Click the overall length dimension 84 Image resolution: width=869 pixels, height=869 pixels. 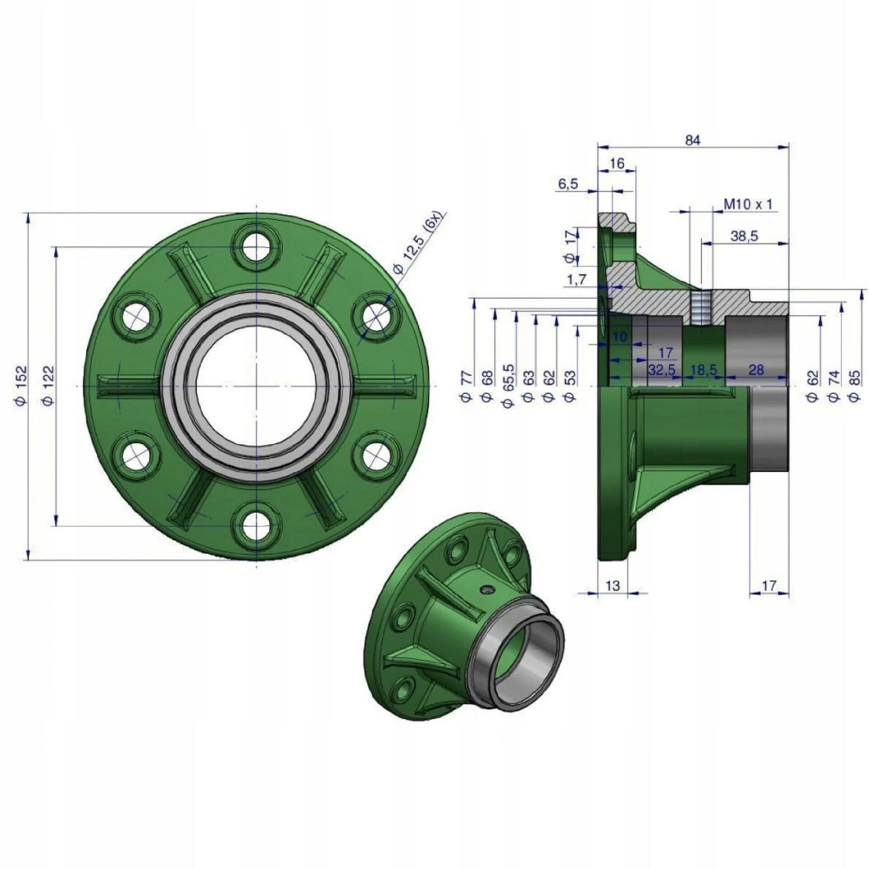pyautogui.click(x=692, y=140)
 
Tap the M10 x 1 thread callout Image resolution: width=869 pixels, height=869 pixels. pyautogui.click(x=748, y=205)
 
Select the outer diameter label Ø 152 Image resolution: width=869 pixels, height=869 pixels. pyautogui.click(x=22, y=386)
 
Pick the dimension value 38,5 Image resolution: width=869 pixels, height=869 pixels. pyautogui.click(x=744, y=236)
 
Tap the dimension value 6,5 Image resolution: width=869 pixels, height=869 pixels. pyautogui.click(x=568, y=184)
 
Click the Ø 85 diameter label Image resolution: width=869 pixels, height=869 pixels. pyautogui.click(x=855, y=385)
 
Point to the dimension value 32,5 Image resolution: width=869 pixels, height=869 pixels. pyautogui.click(x=661, y=370)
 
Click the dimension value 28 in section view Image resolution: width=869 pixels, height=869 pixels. pyautogui.click(x=756, y=370)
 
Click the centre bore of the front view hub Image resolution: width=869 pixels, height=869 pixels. pyautogui.click(x=257, y=386)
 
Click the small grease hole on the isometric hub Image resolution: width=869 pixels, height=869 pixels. pyautogui.click(x=487, y=589)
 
